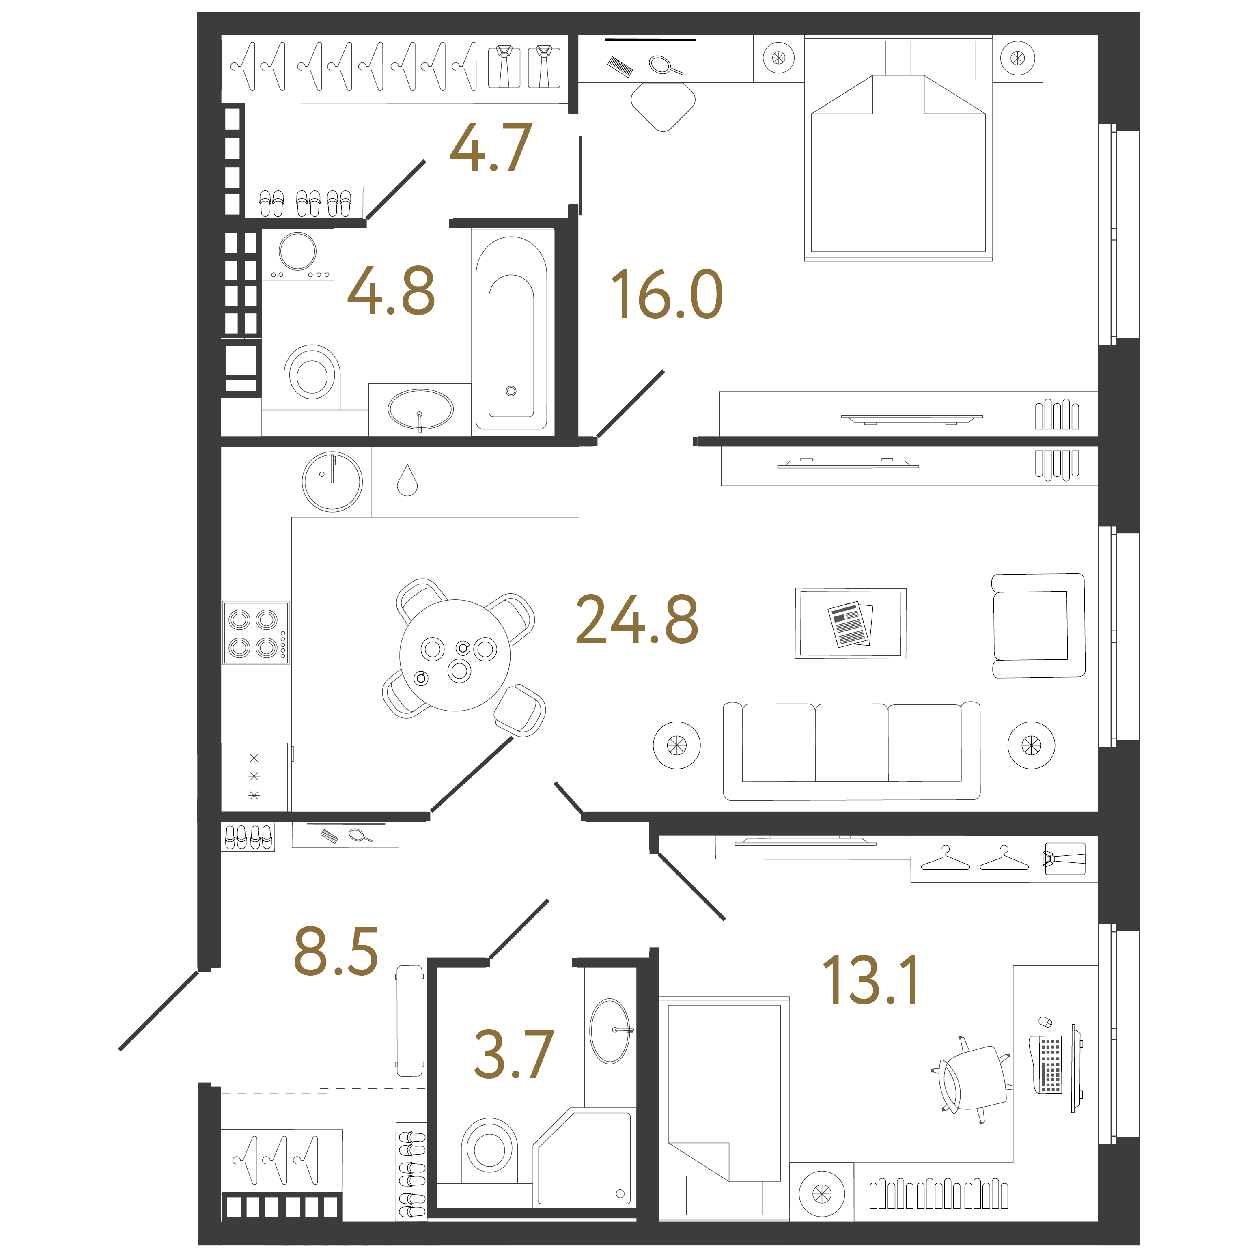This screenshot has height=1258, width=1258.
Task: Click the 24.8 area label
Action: (x=636, y=619)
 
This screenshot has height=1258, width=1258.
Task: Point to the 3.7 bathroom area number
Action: (x=514, y=1054)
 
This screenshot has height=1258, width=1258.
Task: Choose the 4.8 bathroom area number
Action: (x=391, y=291)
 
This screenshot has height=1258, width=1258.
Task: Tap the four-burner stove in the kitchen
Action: (x=256, y=633)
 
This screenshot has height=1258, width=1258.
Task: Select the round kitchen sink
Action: (x=332, y=482)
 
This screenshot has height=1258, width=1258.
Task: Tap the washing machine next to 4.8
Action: (x=297, y=254)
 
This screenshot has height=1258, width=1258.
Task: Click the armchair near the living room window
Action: (x=1038, y=626)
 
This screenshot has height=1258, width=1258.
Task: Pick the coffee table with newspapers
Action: (x=851, y=624)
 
